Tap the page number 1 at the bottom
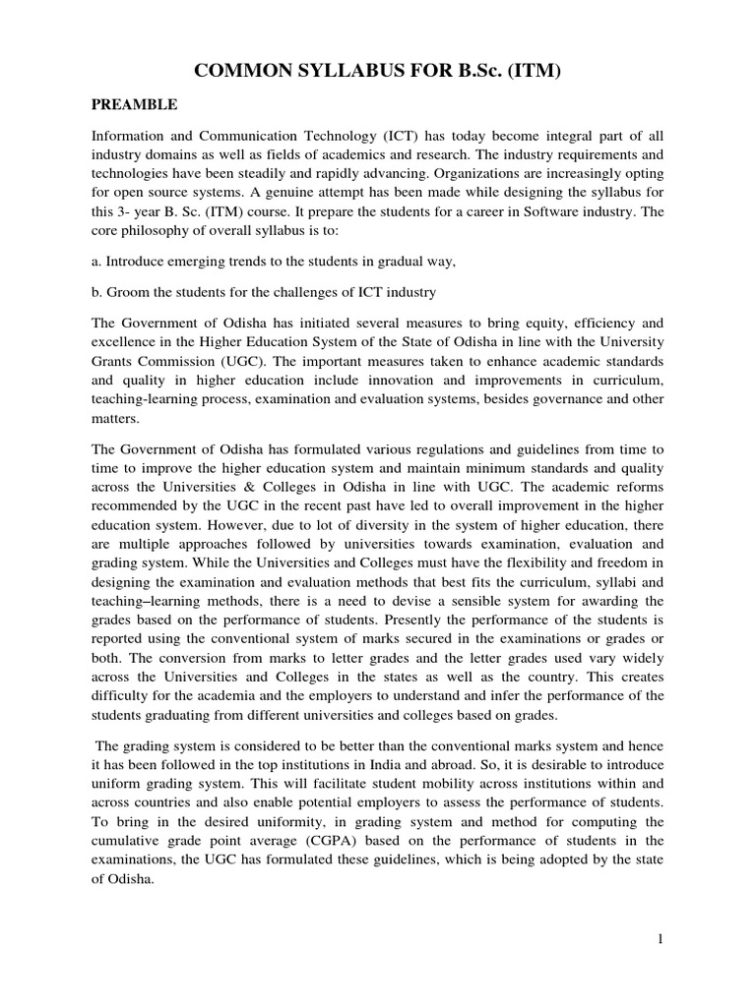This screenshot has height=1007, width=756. pos(662,940)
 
